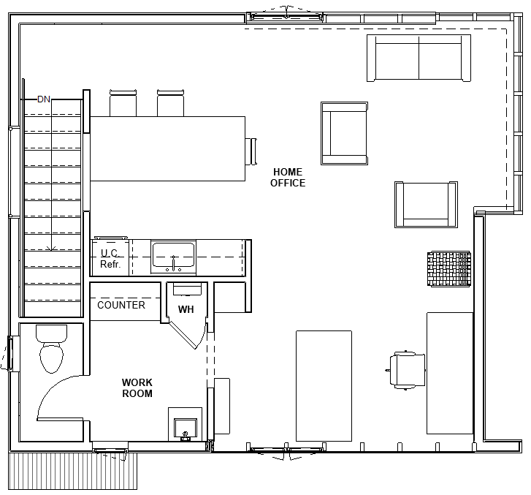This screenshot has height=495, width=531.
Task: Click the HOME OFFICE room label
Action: click(288, 178)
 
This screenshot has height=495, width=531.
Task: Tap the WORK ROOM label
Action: click(137, 388)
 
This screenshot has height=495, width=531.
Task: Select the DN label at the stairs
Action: click(44, 99)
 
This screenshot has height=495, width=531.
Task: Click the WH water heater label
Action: click(186, 309)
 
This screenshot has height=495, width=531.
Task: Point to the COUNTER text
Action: click(121, 305)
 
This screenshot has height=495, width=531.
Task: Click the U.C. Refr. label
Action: click(110, 258)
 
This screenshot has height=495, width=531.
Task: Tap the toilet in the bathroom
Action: click(51, 349)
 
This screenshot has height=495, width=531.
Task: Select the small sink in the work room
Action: click(186, 429)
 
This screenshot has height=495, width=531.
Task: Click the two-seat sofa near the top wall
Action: click(419, 58)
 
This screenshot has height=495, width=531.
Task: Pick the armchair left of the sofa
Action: click(345, 133)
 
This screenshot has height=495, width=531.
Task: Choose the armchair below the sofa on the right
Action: click(426, 205)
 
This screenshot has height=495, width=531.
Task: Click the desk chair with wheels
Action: click(406, 370)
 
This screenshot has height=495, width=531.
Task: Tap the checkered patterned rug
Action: click(448, 269)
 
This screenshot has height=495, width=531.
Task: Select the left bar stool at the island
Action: click(123, 103)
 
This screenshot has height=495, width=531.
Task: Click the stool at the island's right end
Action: click(251, 151)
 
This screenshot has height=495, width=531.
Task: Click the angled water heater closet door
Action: click(183, 335)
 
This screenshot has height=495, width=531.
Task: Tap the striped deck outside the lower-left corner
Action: click(73, 471)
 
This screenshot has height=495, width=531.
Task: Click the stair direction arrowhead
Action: click(51, 249)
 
